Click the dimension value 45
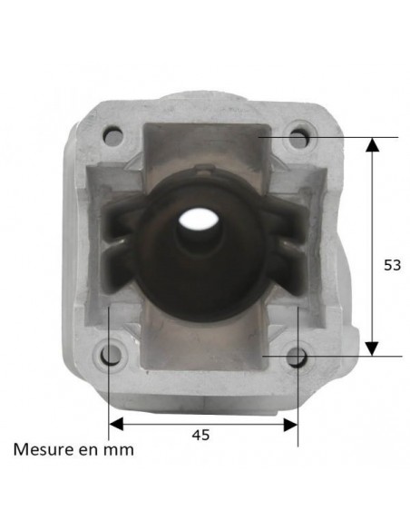201,435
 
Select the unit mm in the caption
118,449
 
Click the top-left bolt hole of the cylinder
112,137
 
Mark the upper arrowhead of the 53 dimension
371,143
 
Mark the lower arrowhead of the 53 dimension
371,349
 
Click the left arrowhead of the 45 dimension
115,423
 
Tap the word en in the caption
87,449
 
